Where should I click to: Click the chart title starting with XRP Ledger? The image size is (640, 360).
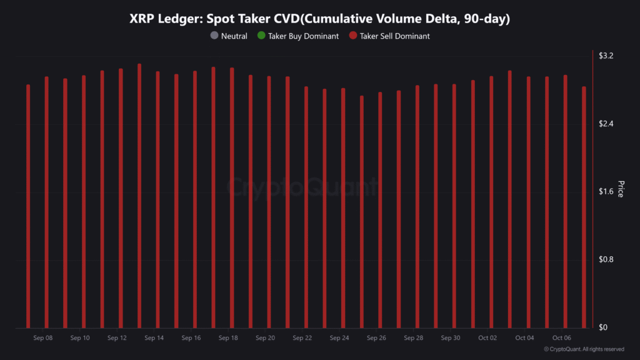(319, 19)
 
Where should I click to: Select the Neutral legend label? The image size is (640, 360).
(234, 36)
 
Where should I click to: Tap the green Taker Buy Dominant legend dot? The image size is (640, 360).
(261, 36)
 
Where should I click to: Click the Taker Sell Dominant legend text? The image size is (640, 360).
(394, 36)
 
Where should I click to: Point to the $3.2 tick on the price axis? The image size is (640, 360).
(606, 56)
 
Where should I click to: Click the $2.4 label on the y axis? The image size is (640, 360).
(606, 124)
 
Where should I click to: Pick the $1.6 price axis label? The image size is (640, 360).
(606, 192)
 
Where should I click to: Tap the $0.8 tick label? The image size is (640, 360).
(606, 260)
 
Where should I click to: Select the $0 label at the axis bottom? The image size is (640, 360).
(602, 327)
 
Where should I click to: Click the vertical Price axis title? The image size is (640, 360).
(621, 189)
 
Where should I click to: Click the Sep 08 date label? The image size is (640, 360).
(43, 338)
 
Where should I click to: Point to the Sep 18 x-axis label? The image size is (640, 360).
(228, 338)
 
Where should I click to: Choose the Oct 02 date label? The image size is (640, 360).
(487, 338)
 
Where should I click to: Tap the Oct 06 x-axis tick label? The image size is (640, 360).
(561, 338)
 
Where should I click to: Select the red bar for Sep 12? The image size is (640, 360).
(121, 200)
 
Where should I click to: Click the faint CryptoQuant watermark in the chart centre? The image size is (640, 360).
(302, 187)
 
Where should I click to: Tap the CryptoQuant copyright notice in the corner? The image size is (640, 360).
(584, 349)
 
